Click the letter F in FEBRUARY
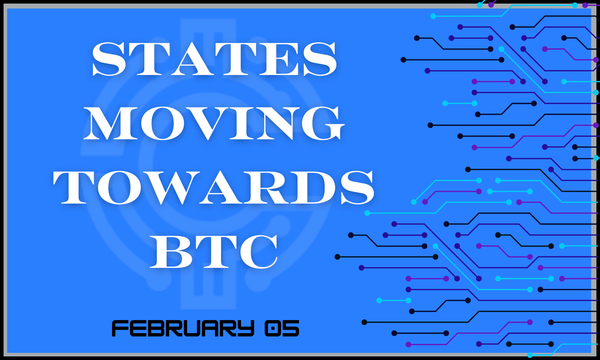point(118,326)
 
